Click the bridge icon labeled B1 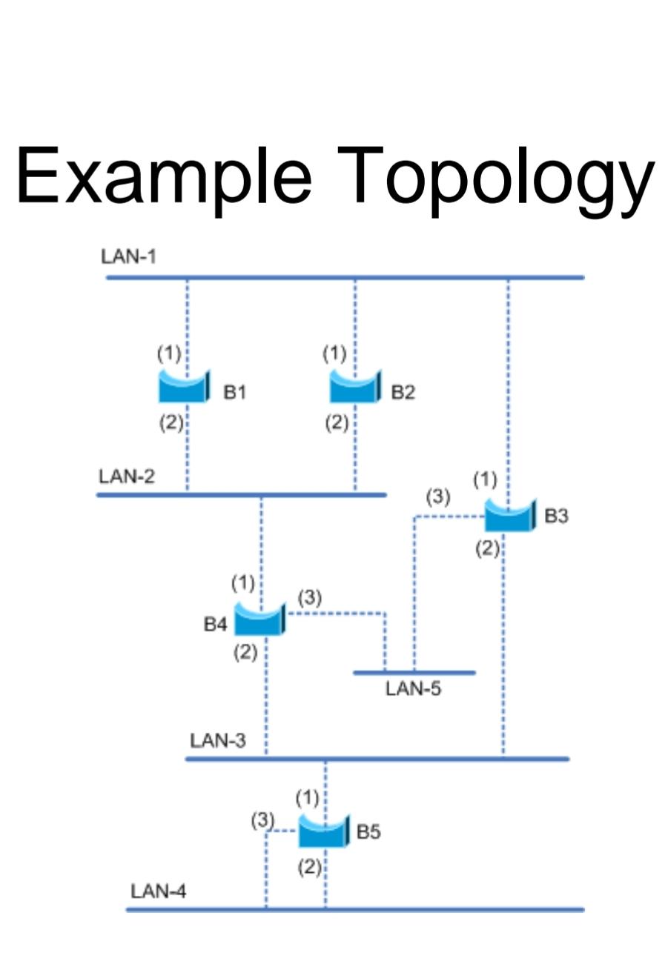185,387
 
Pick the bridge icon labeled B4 259,619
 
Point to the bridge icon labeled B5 323,831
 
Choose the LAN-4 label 159,891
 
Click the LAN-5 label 413,689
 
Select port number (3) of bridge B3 437,497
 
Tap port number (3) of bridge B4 309,597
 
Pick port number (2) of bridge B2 337,423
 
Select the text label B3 556,516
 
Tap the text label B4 215,625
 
